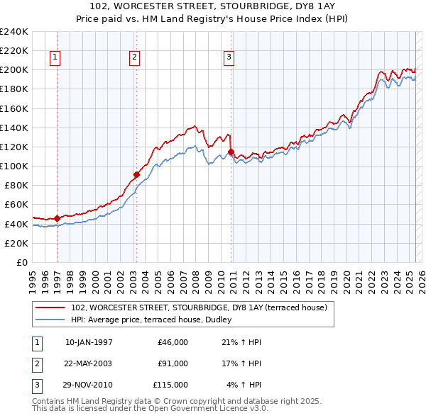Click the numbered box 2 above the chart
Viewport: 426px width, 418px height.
[135, 58]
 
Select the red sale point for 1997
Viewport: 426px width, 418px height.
[57, 218]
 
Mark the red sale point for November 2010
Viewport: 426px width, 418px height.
[231, 152]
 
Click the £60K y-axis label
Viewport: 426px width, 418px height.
[16, 205]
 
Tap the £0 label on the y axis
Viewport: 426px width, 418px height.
[21, 262]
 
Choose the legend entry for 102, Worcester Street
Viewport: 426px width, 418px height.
[198, 307]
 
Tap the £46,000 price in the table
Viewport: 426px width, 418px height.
[172, 342]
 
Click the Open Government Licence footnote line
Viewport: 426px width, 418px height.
[149, 409]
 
